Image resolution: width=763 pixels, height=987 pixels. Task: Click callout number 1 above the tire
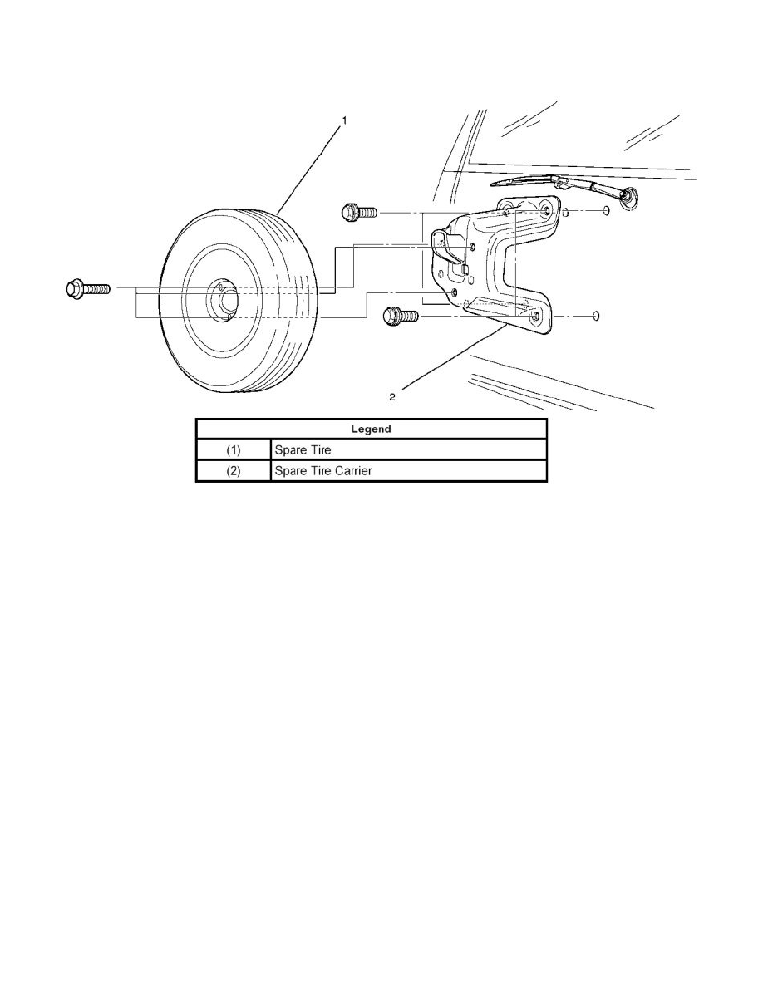click(x=344, y=119)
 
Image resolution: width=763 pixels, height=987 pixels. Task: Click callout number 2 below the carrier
click(x=392, y=396)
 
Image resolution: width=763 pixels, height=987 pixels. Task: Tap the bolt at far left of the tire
click(x=87, y=289)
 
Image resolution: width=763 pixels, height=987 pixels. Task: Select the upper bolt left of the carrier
click(x=358, y=213)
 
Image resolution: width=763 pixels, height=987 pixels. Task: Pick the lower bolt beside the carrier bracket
click(x=401, y=315)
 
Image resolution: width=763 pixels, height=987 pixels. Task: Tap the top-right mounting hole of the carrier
click(x=547, y=209)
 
